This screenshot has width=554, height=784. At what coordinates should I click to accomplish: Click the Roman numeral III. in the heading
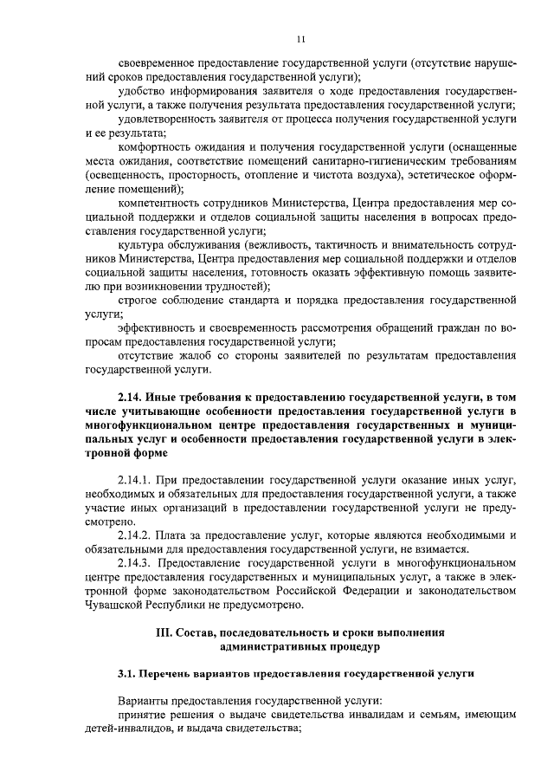(x=164, y=632)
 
